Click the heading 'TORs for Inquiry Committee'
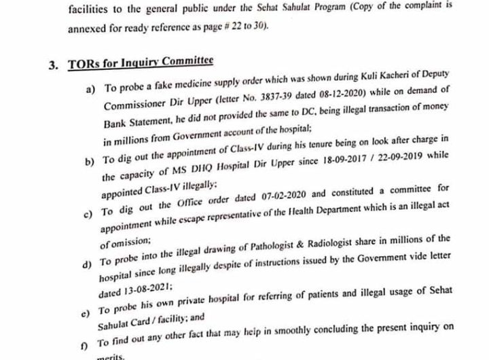tap(141, 62)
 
